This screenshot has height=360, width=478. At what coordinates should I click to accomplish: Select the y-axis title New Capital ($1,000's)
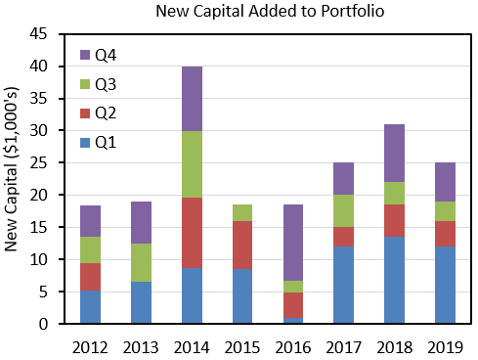14,178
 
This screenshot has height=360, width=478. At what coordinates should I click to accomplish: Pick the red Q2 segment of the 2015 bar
240,245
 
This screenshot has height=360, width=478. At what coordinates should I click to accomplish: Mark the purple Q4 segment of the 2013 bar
140,223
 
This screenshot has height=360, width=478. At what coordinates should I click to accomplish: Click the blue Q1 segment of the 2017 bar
342,285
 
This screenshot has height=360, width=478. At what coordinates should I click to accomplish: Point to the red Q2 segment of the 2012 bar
89,277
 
